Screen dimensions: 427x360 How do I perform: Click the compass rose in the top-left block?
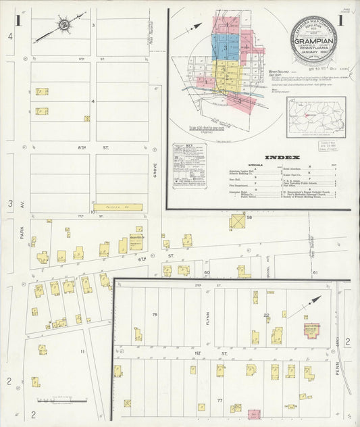pyautogui.click(x=64, y=26)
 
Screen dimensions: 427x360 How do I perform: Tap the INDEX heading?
pyautogui.click(x=279, y=157)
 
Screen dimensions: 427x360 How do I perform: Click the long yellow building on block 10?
pyautogui.click(x=119, y=207)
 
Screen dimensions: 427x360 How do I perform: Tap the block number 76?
pyautogui.click(x=155, y=314)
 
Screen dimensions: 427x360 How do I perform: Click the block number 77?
pyautogui.click(x=220, y=400)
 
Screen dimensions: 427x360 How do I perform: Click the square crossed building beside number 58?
pyautogui.click(x=237, y=221)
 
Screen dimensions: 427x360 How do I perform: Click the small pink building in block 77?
pyautogui.click(x=254, y=413)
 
